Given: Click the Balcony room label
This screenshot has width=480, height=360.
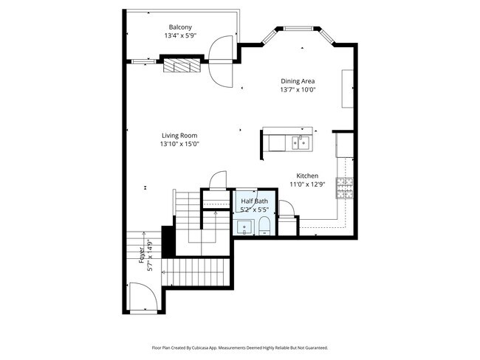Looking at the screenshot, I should click(179, 27).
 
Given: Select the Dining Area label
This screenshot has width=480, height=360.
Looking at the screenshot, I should click(298, 81).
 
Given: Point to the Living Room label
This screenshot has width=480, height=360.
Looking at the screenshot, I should click(179, 136).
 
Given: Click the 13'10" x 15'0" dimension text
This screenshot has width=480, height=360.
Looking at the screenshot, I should click(179, 145).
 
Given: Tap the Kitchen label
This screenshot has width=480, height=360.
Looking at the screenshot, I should click(307, 176).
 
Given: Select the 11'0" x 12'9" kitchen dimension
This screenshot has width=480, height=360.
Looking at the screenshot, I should click(307, 184).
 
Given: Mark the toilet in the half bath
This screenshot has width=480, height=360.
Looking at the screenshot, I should click(264, 226).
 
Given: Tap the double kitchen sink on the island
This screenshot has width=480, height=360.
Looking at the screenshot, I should click(301, 142).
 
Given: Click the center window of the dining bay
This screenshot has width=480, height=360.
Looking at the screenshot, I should click(299, 30).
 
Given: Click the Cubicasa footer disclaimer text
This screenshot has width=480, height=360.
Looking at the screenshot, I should click(240, 347).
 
